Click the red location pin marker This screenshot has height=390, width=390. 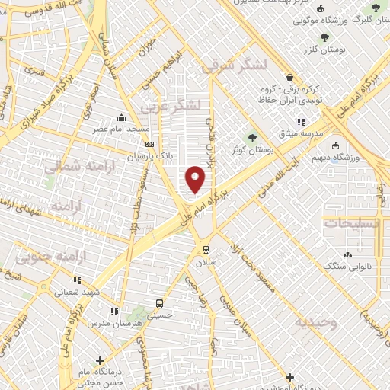pyautogui.click(x=196, y=178)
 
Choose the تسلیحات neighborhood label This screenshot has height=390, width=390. pyautogui.click(x=353, y=222)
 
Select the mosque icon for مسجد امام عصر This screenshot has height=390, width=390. pyautogui.click(x=121, y=117)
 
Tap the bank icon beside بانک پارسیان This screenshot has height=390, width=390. pyautogui.click(x=149, y=144)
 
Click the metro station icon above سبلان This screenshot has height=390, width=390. pyautogui.click(x=206, y=249)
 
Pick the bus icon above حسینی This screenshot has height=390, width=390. pyautogui.click(x=158, y=302)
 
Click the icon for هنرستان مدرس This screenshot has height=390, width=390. pyautogui.click(x=113, y=312)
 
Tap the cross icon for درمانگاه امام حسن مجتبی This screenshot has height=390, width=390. pyautogui.click(x=100, y=360)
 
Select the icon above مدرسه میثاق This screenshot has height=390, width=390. pyautogui.click(x=301, y=120)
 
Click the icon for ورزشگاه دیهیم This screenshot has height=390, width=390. pyautogui.click(x=335, y=145)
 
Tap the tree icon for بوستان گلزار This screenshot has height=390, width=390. pyautogui.click(x=325, y=37)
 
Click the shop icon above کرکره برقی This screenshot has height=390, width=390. pyautogui.click(x=289, y=76)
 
